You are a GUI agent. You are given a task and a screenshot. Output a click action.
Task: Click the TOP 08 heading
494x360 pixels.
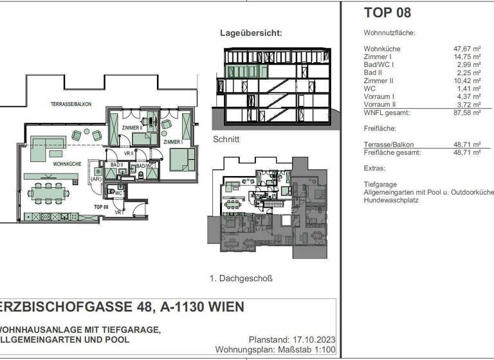387,12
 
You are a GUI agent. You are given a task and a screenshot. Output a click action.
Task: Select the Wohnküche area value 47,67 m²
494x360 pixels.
468,49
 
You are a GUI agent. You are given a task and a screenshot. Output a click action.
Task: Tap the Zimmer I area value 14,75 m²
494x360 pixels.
468,57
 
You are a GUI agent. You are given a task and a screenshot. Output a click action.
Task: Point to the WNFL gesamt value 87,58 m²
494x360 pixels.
468,113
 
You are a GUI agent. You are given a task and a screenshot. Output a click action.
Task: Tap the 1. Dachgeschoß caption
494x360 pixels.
241,278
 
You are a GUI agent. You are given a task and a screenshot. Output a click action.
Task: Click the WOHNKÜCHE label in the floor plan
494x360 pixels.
67,165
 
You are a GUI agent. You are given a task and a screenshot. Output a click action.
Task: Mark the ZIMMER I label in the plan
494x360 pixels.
172,141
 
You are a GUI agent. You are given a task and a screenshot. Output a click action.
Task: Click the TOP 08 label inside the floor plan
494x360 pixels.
100,207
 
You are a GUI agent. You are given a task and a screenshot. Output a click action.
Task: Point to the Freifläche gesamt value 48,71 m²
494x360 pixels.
468,152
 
